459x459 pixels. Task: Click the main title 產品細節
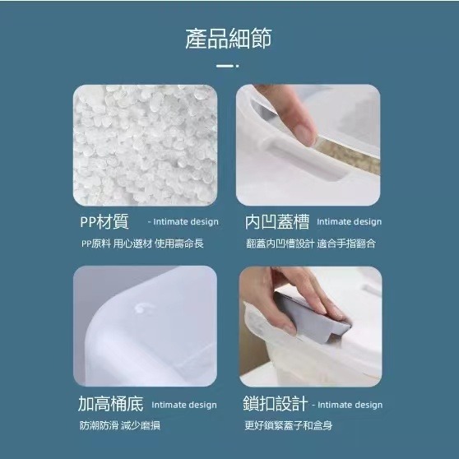229,39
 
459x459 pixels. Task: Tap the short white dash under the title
225,66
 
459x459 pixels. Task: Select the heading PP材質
104,221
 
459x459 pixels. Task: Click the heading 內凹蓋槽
277,221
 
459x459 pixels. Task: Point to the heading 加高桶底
111,404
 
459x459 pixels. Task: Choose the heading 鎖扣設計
276,404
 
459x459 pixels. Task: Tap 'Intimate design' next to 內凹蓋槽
350,222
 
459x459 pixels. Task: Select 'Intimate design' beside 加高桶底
184,405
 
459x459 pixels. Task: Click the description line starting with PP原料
142,243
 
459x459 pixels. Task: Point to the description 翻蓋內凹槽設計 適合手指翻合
311,243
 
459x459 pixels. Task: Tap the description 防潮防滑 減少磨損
120,425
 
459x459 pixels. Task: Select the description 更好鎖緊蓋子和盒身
289,425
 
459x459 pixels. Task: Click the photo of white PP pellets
146,146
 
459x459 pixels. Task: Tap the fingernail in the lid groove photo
304,134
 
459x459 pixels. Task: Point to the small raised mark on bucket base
144,308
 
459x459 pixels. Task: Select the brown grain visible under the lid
351,156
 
